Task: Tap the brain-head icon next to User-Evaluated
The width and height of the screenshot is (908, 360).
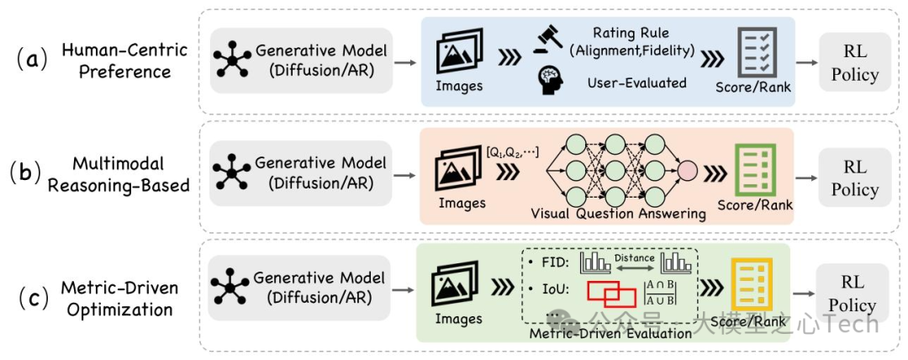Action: click(x=550, y=82)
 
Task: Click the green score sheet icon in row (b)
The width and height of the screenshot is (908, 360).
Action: click(x=753, y=171)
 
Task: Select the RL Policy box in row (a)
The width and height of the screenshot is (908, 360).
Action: click(x=854, y=63)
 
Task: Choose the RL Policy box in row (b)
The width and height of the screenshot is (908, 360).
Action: click(x=854, y=178)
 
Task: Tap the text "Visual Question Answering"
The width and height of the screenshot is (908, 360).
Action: click(x=618, y=213)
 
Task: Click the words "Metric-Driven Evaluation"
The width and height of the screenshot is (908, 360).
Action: click(x=611, y=334)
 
